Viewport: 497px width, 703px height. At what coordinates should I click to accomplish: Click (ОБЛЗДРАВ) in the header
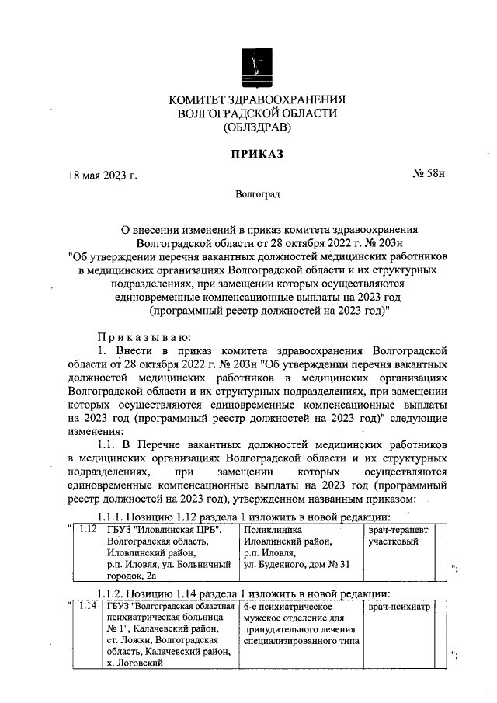pos(256,127)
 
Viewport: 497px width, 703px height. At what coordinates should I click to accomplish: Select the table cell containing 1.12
pos(89,529)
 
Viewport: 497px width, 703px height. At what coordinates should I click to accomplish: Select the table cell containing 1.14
pos(89,605)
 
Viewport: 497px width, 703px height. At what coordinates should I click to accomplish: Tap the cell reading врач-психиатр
pos(398,605)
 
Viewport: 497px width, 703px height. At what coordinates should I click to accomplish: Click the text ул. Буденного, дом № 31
pos(297,564)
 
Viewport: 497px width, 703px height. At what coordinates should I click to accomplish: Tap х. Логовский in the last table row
pos(135,664)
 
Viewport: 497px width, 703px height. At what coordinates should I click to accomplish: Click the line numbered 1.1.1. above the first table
pos(242,517)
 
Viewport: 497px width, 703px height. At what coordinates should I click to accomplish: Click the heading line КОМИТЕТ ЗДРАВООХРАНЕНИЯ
pos(256,99)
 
